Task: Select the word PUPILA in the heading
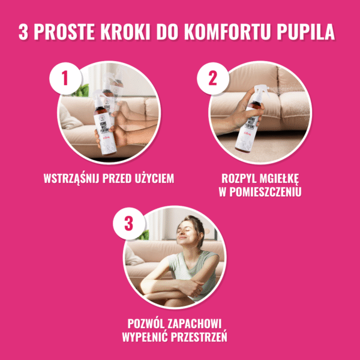coord(309,32)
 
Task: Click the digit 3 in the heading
coord(23,32)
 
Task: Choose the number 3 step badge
coord(128,224)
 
